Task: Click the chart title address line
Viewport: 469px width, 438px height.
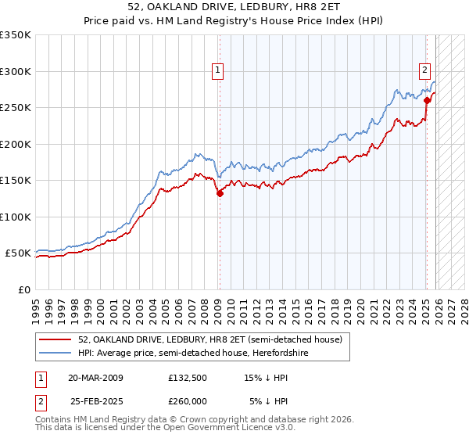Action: pyautogui.click(x=234, y=7)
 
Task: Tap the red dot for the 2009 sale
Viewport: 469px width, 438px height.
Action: pyautogui.click(x=220, y=194)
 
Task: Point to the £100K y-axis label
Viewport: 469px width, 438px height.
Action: pyautogui.click(x=16, y=217)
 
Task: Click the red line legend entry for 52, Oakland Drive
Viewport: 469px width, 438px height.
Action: pyautogui.click(x=209, y=339)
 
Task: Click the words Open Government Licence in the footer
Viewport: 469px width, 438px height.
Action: pyautogui.click(x=218, y=429)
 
